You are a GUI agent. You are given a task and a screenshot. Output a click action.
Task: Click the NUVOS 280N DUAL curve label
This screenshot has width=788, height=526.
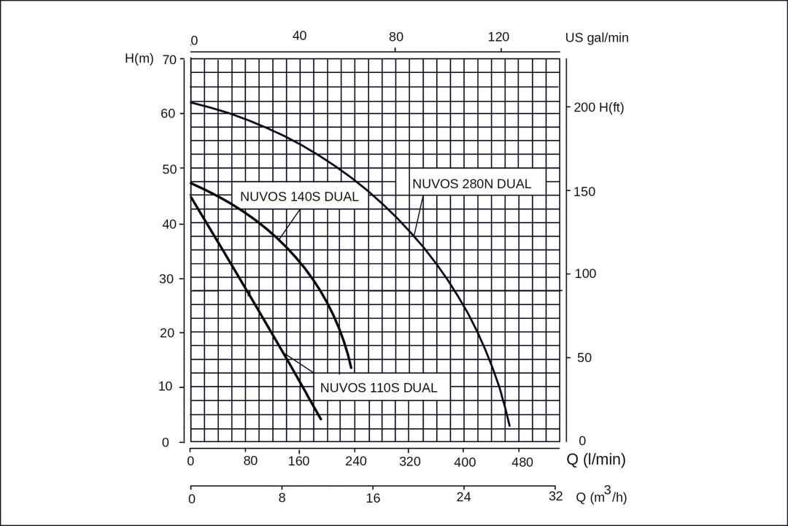(x=471, y=184)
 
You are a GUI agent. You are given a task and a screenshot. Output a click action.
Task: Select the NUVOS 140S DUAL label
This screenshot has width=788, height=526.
(x=299, y=196)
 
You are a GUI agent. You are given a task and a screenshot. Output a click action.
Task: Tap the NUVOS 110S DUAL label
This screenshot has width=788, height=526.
(x=379, y=388)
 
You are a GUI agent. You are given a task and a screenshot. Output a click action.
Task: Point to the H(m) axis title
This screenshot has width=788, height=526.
(x=139, y=58)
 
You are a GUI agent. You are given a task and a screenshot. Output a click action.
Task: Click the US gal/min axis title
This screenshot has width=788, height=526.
(x=596, y=38)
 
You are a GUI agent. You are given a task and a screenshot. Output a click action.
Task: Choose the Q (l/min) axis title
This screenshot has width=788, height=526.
(x=596, y=460)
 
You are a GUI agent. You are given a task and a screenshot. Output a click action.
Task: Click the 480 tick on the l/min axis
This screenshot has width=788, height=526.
(x=519, y=462)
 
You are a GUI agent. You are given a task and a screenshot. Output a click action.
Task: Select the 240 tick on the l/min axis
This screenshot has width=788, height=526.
(x=355, y=462)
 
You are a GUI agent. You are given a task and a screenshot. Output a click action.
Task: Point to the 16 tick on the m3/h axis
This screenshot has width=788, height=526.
(x=373, y=498)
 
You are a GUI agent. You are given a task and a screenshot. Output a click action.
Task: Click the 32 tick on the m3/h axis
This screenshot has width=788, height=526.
(x=555, y=497)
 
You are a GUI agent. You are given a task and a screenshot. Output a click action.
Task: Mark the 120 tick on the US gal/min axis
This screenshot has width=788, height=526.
(x=498, y=36)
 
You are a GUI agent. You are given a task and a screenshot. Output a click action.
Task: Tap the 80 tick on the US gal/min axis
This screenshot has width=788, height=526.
(x=395, y=36)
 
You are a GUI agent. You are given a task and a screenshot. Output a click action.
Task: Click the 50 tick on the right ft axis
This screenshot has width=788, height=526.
(x=583, y=357)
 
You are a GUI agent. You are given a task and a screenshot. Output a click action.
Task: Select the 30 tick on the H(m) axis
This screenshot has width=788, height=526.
(x=168, y=279)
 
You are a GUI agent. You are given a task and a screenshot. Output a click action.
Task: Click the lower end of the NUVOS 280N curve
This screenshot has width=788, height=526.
(x=509, y=425)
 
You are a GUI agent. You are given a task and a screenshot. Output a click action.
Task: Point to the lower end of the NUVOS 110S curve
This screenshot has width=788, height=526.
(x=320, y=419)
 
